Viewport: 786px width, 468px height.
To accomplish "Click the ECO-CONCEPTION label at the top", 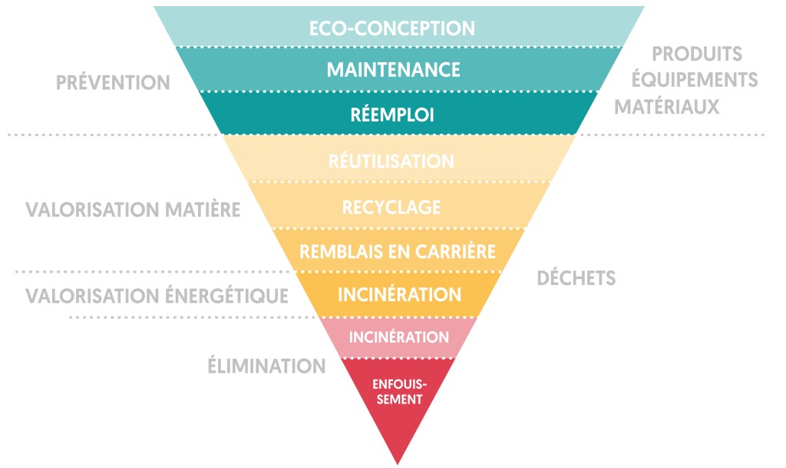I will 392,28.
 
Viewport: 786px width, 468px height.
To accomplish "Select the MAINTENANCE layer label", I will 393,70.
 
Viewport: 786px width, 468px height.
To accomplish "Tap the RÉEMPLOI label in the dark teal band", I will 393,115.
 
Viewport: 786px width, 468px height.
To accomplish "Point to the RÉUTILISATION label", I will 391,161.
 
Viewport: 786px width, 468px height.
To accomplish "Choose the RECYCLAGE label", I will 391,207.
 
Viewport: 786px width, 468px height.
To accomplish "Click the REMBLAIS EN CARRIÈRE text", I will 397,251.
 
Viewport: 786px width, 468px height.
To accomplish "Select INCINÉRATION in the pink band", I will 399,337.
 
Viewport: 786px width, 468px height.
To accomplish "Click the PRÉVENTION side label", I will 113,83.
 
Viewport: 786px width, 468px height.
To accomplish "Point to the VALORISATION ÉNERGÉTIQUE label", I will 157,296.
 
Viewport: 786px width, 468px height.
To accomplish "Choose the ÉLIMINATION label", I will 266,367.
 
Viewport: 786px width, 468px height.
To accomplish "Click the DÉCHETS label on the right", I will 576,278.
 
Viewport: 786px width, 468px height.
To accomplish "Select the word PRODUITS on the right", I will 697,55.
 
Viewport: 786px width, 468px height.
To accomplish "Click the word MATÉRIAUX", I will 667,106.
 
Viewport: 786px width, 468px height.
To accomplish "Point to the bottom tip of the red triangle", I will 398,462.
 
